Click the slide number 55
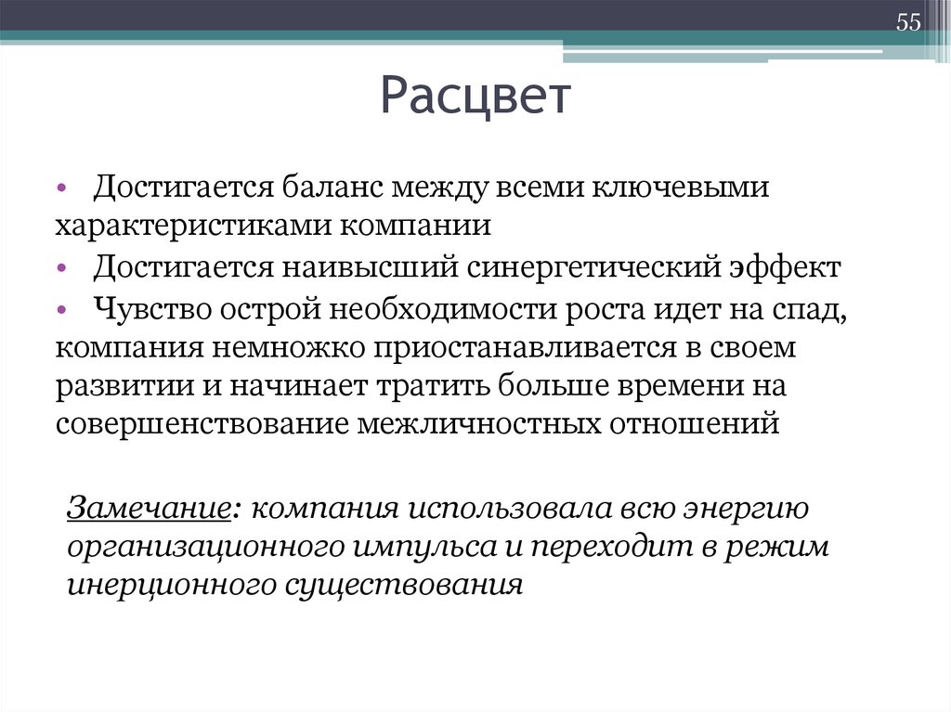(x=907, y=23)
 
